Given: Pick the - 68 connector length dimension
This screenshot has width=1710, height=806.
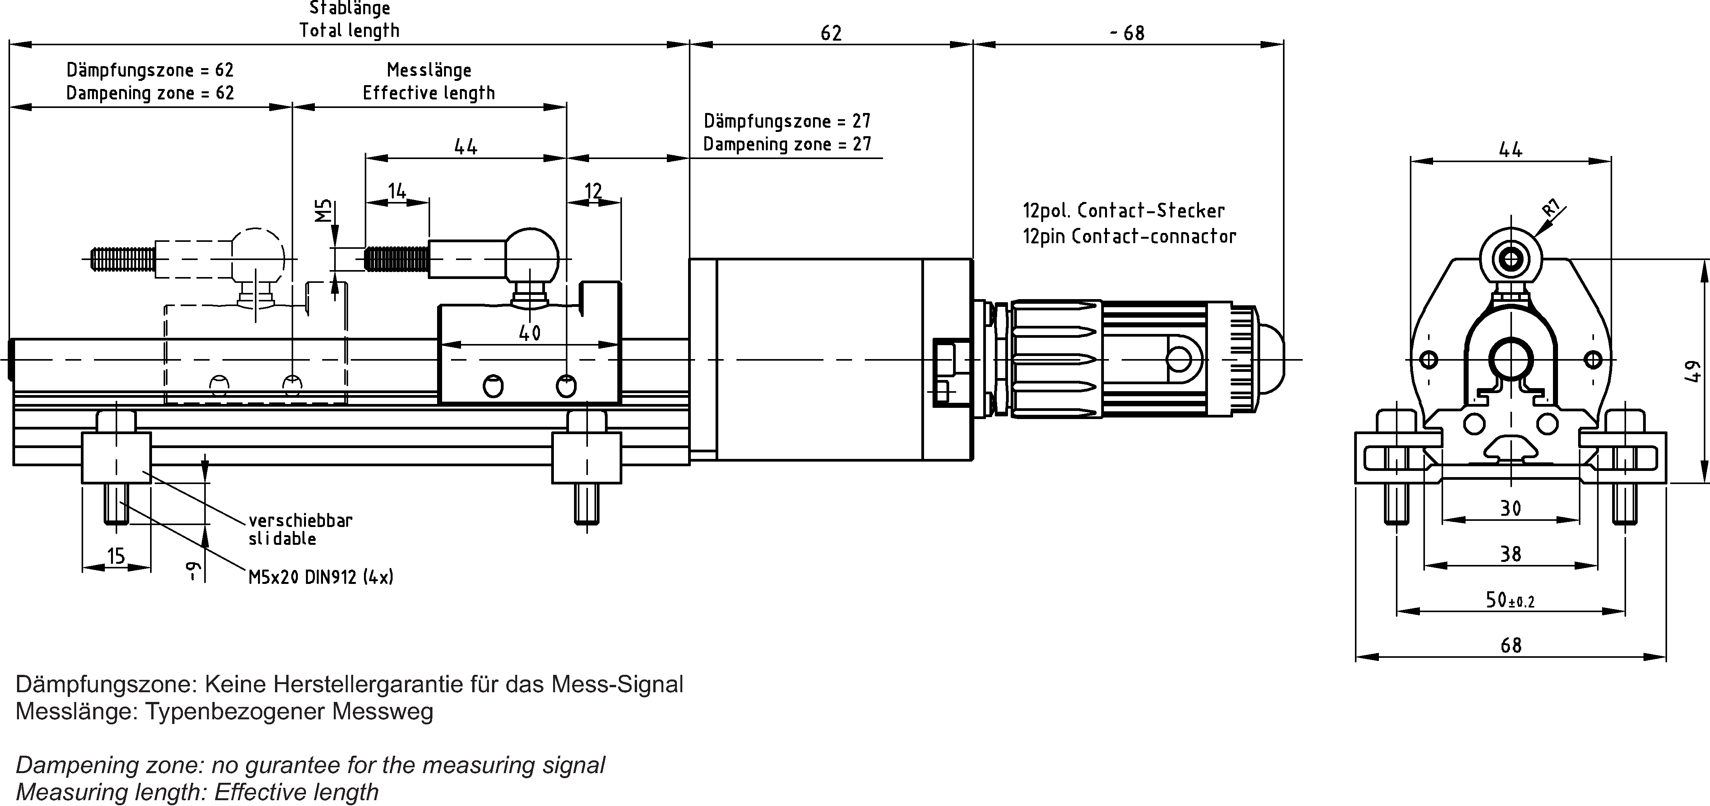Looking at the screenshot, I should tap(1127, 33).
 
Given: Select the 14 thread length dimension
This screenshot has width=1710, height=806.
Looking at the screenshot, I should tap(397, 191).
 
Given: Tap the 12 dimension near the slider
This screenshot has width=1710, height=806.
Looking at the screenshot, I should tap(593, 191).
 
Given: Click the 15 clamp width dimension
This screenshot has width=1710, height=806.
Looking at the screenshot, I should tap(116, 556).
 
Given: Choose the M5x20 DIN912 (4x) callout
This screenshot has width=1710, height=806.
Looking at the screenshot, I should tap(321, 577).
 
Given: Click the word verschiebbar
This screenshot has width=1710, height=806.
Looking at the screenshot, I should tap(301, 520).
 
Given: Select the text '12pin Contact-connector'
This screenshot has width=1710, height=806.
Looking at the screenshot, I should tap(1129, 236).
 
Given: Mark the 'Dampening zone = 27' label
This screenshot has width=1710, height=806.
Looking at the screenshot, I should tap(787, 144).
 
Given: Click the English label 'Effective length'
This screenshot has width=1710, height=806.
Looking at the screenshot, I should tap(429, 93).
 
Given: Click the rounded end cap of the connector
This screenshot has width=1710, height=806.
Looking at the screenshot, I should tap(1271, 359).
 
